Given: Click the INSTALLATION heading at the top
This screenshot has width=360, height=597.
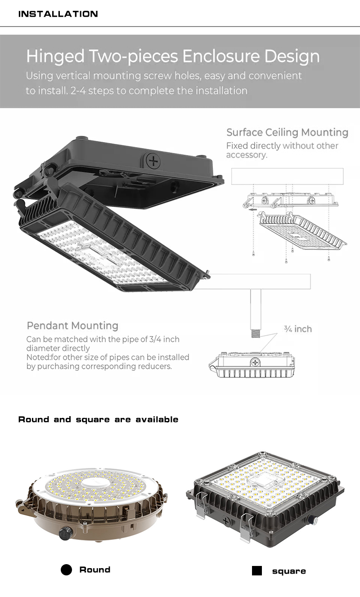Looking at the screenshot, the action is tap(58, 14).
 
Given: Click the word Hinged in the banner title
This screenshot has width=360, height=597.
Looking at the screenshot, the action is tap(55, 57).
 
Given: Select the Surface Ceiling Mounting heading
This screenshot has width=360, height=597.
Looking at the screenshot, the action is tap(287, 132).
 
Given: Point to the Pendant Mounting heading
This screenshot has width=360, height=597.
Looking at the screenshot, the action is tap(72, 326).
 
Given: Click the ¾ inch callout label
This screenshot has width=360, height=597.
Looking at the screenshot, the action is tap(298, 329).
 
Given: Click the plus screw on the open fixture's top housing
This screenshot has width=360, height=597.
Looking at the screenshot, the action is tap(153, 161).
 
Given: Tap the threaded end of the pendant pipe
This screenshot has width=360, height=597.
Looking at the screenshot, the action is tap(256, 334).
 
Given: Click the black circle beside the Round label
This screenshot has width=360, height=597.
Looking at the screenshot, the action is tap(66, 570).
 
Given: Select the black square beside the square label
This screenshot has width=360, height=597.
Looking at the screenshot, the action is tap(257, 570).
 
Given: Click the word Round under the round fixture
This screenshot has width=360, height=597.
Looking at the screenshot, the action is tap(94, 570).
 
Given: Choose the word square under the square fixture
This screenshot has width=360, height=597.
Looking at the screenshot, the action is tap(289, 571).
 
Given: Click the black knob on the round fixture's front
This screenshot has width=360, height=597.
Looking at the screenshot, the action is tap(66, 533).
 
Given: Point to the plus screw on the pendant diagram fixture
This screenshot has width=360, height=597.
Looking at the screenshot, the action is tap(255, 362).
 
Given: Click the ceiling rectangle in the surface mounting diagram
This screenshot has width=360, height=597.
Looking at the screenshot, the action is tap(287, 176).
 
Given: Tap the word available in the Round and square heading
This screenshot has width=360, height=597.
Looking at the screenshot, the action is tap(157, 419).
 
